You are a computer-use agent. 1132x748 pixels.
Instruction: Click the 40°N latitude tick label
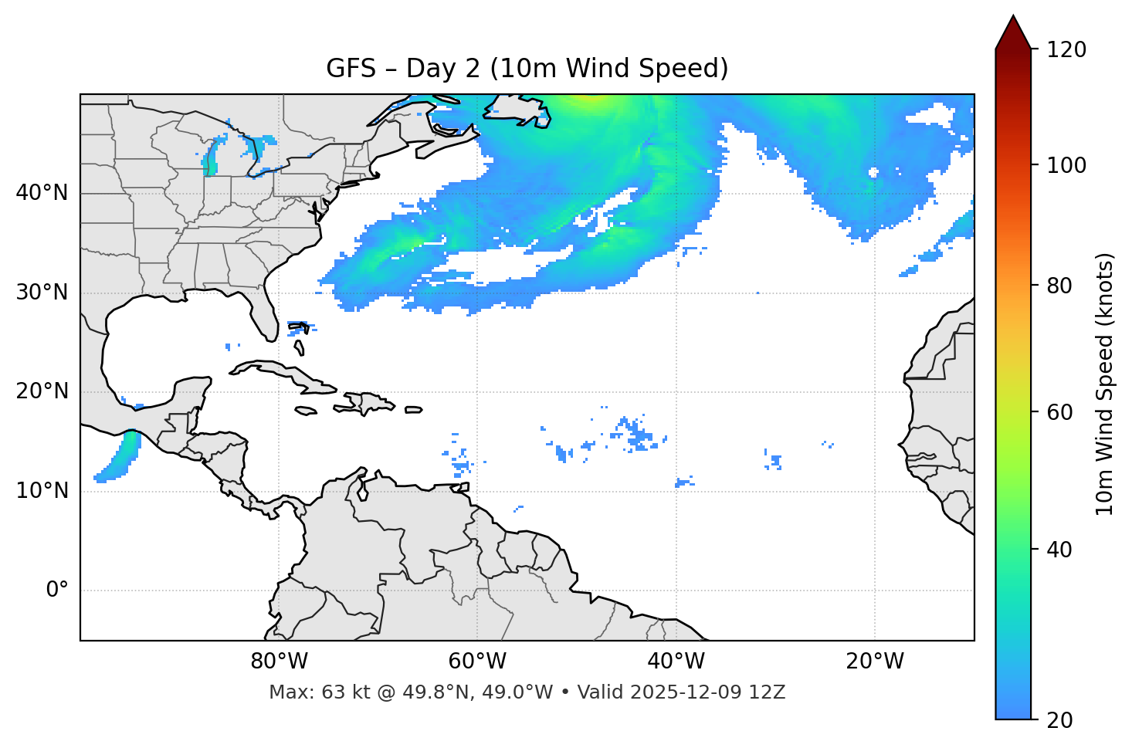pyautogui.click(x=42, y=193)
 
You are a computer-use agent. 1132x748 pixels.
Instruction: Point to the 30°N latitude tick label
pyautogui.click(x=42, y=293)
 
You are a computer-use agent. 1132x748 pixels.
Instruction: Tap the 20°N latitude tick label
pyautogui.click(x=42, y=391)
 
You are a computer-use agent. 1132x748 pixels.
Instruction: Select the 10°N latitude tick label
pyautogui.click(x=42, y=491)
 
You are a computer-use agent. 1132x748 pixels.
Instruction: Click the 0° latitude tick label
pyautogui.click(x=56, y=591)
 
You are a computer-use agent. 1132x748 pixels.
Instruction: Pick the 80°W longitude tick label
pyautogui.click(x=279, y=662)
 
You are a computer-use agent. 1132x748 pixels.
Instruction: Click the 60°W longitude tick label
pyautogui.click(x=477, y=662)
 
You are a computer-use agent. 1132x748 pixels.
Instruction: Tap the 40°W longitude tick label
pyautogui.click(x=676, y=662)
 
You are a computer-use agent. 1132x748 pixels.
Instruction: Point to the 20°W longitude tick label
pyautogui.click(x=874, y=662)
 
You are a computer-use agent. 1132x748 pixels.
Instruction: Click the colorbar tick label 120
pyautogui.click(x=1066, y=49)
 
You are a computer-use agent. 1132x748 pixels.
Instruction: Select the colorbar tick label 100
pyautogui.click(x=1066, y=165)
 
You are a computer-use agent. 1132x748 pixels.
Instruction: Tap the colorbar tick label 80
pyautogui.click(x=1061, y=286)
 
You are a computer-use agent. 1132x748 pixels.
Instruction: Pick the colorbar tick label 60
pyautogui.click(x=1061, y=412)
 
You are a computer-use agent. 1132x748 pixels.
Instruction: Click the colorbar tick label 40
pyautogui.click(x=1061, y=550)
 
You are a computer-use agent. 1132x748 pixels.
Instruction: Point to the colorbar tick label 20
pyautogui.click(x=1061, y=720)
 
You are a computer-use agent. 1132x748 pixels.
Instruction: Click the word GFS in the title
pyautogui.click(x=351, y=69)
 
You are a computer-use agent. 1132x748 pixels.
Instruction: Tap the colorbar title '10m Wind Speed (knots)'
pyautogui.click(x=1105, y=384)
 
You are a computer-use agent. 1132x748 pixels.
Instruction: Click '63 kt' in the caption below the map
pyautogui.click(x=341, y=692)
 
